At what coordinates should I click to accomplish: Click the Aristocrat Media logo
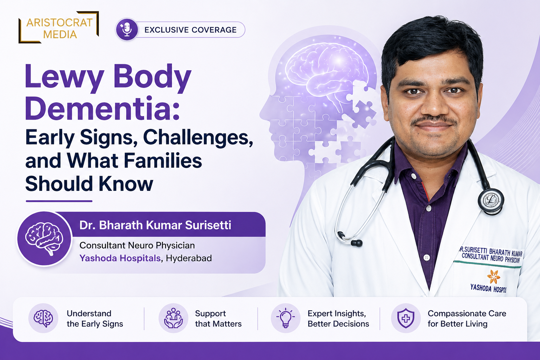pyautogui.click(x=59, y=27)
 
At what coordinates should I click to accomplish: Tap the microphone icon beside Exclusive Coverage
pyautogui.click(x=127, y=30)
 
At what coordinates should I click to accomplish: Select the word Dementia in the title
pyautogui.click(x=102, y=108)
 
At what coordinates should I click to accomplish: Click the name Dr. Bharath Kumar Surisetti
pyautogui.click(x=155, y=225)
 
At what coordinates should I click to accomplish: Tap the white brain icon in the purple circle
pyautogui.click(x=44, y=239)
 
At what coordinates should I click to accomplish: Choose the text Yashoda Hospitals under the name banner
pyautogui.click(x=120, y=258)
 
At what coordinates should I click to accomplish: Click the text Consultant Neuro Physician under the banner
pyautogui.click(x=137, y=245)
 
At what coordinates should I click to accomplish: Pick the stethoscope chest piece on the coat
pyautogui.click(x=491, y=201)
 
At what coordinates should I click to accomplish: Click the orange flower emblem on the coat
pyautogui.click(x=493, y=276)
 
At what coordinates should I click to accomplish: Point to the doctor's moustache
pyautogui.click(x=434, y=120)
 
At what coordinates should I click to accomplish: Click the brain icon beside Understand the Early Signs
pyautogui.click(x=43, y=318)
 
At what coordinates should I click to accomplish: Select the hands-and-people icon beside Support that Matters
pyautogui.click(x=173, y=318)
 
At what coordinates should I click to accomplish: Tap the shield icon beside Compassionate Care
pyautogui.click(x=406, y=318)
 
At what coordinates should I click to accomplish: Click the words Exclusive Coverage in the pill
pyautogui.click(x=191, y=30)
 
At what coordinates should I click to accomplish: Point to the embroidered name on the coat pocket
pyautogui.click(x=491, y=255)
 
